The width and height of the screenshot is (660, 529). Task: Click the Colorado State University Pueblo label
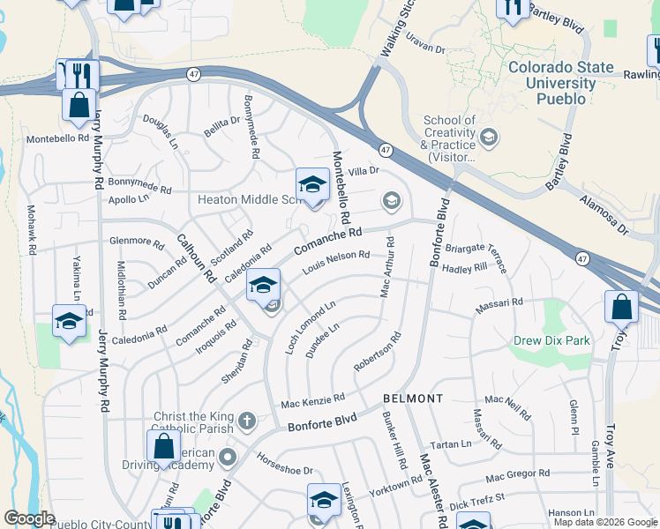560,83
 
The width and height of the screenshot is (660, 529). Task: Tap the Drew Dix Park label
553,340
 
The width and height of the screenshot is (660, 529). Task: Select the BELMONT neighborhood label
413,399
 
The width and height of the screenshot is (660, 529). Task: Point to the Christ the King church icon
247,421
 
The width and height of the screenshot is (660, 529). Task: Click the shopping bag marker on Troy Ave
621,309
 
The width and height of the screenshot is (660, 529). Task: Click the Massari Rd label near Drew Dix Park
499,302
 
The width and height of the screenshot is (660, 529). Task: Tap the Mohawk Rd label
31,230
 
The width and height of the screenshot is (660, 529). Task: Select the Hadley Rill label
465,268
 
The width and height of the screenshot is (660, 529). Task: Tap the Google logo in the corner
29,518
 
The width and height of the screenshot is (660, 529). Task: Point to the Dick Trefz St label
476,503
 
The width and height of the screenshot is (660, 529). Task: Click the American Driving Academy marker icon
229,457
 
